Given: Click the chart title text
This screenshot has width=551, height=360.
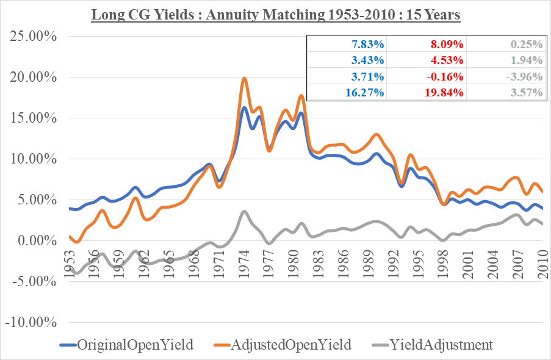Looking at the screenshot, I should click(x=275, y=13).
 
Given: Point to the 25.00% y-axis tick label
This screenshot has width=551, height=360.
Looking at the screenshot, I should click(x=34, y=37).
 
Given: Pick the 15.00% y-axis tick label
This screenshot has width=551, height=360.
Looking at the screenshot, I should click(x=34, y=118).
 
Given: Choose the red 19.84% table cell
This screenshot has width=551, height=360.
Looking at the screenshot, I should click(x=447, y=93).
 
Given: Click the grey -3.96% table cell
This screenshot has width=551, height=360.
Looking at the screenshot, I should click(x=524, y=76).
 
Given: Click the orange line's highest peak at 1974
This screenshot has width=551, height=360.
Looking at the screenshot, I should click(x=244, y=78).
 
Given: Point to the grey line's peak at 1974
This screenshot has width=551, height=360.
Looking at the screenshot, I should click(x=244, y=211).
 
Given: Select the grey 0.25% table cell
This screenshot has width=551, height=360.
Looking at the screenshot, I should click(x=527, y=44).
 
